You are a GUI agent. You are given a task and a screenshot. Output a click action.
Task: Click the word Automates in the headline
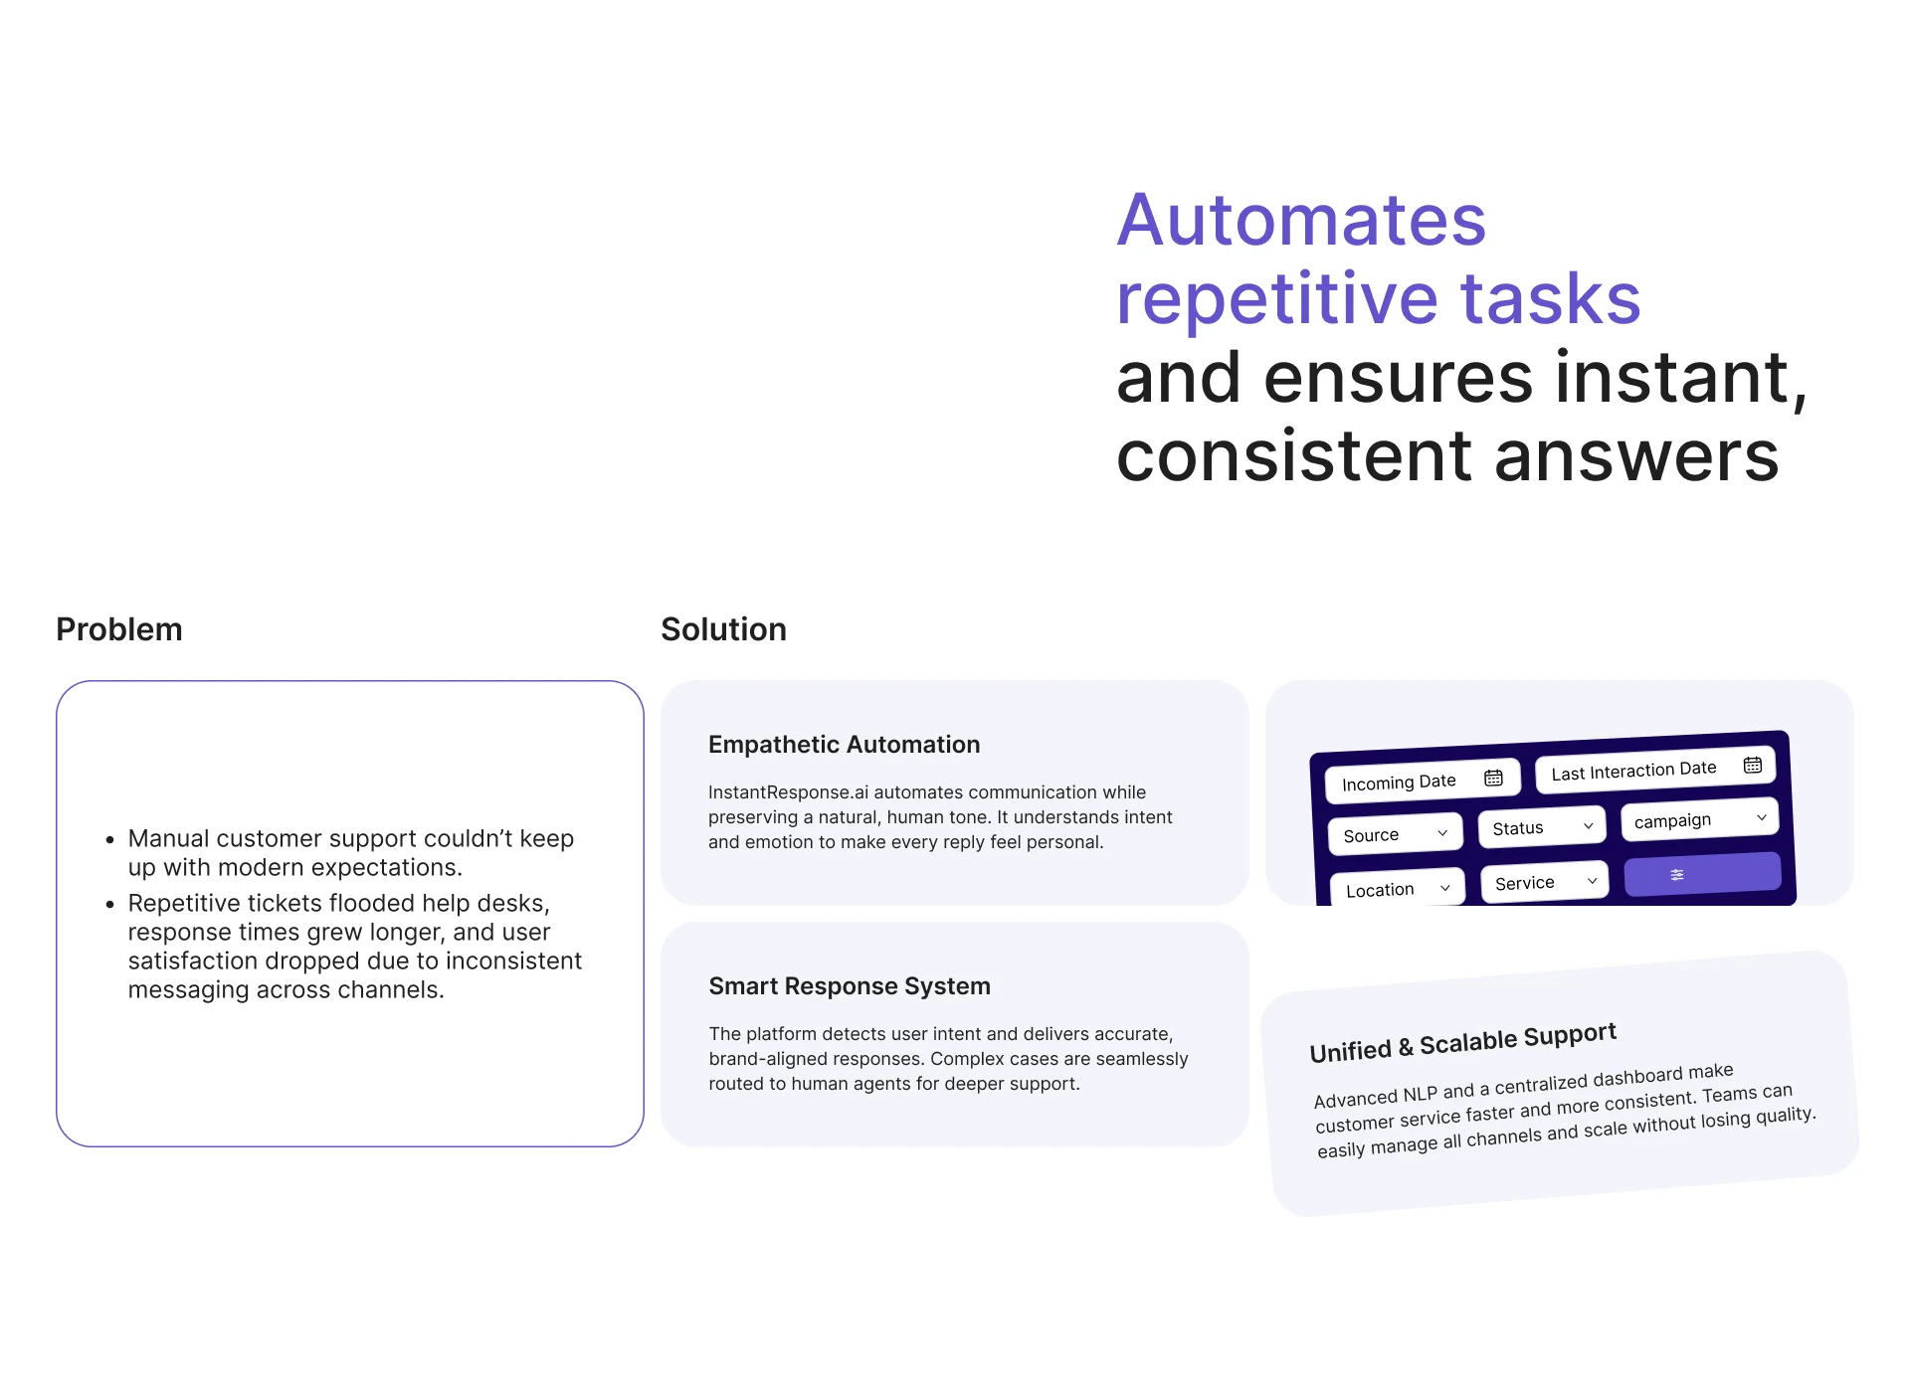tap(1301, 220)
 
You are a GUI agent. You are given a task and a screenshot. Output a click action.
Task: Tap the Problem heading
tap(119, 629)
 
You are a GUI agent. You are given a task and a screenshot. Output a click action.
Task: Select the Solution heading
tap(723, 629)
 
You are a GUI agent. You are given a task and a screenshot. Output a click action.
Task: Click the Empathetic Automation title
tap(844, 745)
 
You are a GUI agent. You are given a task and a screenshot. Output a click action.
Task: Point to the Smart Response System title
tap(850, 986)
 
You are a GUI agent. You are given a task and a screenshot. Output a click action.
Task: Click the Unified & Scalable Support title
tap(1462, 1043)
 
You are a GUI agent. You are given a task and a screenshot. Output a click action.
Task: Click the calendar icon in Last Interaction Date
tap(1753, 765)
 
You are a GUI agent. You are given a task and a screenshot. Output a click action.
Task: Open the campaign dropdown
tap(1699, 819)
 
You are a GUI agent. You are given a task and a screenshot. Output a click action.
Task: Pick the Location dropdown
tap(1398, 889)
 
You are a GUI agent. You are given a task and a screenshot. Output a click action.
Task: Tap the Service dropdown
tap(1545, 882)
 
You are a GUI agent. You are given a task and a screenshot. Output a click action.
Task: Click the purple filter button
tap(1702, 874)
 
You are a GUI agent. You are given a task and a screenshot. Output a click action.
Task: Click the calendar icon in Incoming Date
tap(1493, 778)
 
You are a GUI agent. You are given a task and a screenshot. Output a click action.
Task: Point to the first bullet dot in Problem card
tap(110, 840)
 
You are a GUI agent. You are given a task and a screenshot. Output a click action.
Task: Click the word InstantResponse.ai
tap(788, 792)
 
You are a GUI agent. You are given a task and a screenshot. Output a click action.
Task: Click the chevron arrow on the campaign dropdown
tap(1762, 817)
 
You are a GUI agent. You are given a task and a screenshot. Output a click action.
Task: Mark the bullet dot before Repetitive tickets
tap(110, 905)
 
